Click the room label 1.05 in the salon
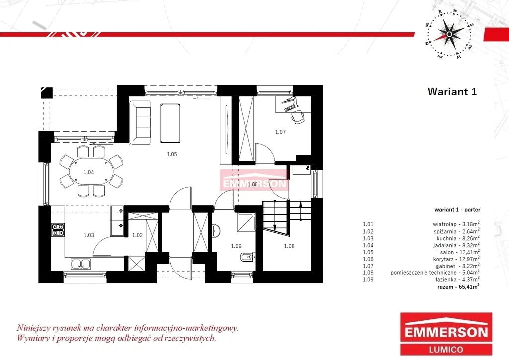(172, 154)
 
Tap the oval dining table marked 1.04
(89, 172)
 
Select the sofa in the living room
(140, 122)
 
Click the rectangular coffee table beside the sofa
(170, 123)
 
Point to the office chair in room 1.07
(298, 117)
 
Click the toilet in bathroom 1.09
(248, 258)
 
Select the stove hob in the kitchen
(58, 230)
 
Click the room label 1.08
(289, 246)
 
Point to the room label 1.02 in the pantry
(137, 235)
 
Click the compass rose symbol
(449, 34)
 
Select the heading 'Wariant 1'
(452, 91)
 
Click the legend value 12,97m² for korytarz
(469, 259)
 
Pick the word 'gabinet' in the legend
(446, 266)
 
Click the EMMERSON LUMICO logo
(446, 334)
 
